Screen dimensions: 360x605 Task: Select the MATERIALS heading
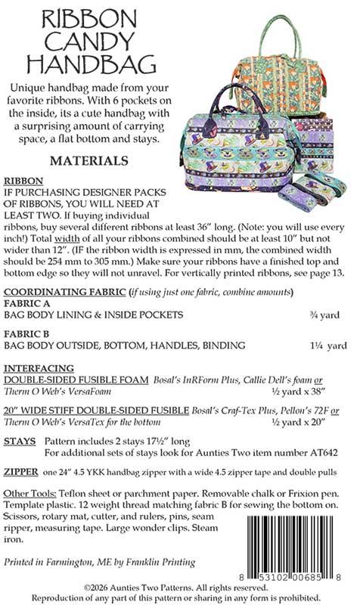[88, 161]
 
